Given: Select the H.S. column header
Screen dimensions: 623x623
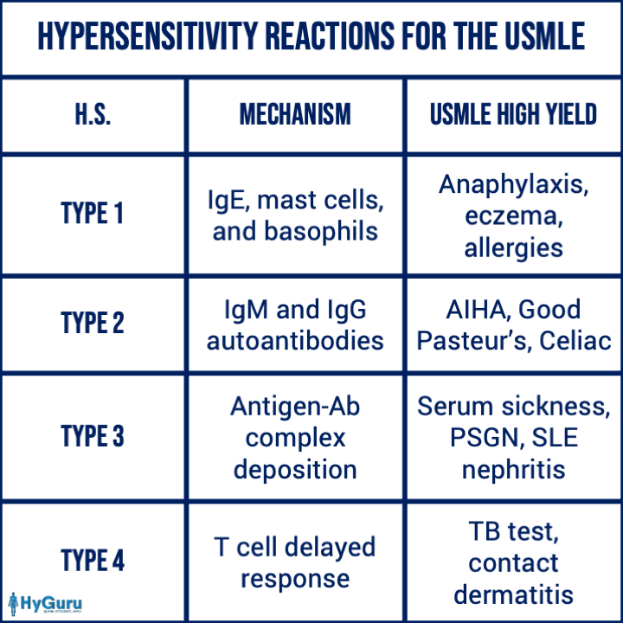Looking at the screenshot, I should (x=92, y=115).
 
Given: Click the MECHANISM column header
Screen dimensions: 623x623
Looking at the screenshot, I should (x=294, y=115).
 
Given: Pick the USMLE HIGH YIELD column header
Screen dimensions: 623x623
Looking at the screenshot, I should (x=513, y=115).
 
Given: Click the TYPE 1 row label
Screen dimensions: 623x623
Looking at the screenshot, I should (x=92, y=213).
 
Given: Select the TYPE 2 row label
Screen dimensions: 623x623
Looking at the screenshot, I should (x=92, y=323).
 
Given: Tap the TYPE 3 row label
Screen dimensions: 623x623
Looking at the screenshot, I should (x=92, y=437).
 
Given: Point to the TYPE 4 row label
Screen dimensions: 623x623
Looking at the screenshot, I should (x=92, y=561).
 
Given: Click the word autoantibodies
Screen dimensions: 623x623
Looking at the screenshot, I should (x=294, y=340).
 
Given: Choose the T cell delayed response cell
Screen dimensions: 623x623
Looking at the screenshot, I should (x=294, y=562).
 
